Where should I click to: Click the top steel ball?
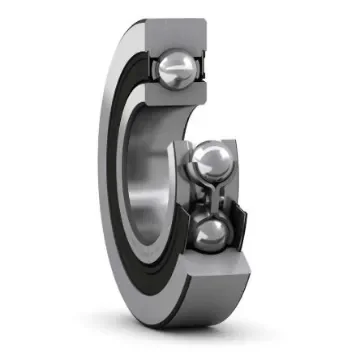[176, 69]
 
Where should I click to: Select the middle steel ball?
[211, 161]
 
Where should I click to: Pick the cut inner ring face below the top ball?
[180, 98]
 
